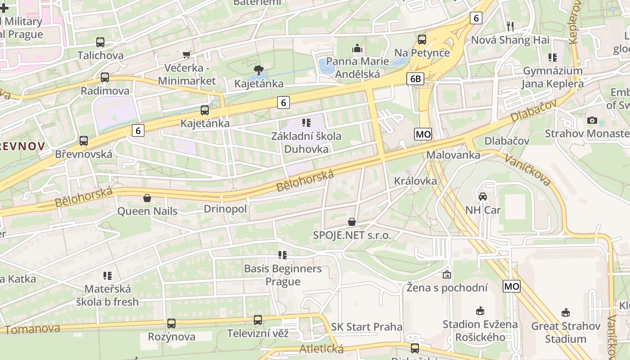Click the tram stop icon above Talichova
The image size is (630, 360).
100,42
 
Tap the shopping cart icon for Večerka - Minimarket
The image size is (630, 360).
186,55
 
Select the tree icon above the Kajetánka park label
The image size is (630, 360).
258,70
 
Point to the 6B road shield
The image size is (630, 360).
415,79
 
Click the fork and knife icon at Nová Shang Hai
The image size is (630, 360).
510,26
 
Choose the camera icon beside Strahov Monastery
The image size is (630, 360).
592,120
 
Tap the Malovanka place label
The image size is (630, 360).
453,155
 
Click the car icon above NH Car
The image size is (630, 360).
482,197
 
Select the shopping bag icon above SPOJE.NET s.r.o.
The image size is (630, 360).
352,222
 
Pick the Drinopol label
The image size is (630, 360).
225,209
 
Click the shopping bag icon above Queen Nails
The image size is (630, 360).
147,198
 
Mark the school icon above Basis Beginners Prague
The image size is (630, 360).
282,255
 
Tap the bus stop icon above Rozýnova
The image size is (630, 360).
171,323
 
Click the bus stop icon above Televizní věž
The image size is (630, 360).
257,320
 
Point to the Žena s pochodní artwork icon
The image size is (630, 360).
446,274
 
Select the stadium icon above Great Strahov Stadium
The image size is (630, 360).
566,312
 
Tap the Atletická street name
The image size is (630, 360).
321,349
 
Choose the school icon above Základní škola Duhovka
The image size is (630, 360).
306,122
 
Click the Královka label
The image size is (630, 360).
415,181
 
